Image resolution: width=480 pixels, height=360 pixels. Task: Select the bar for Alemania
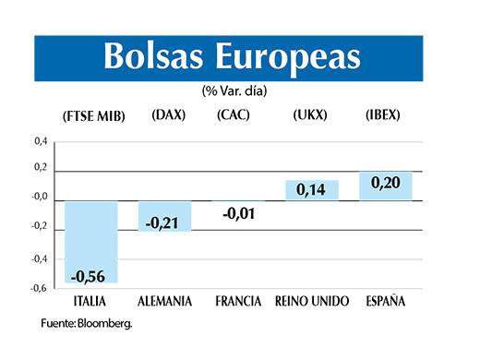click(x=163, y=215)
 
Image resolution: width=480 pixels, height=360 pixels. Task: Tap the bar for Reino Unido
click(x=312, y=190)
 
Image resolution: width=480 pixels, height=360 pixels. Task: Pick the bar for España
click(x=385, y=186)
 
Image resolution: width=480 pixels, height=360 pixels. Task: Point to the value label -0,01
click(x=238, y=214)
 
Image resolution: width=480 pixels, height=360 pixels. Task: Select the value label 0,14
click(x=312, y=191)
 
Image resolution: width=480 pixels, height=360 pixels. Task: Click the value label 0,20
click(x=385, y=184)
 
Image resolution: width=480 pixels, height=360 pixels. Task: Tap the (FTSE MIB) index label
click(x=90, y=116)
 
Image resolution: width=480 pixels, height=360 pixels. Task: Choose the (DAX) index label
click(x=169, y=115)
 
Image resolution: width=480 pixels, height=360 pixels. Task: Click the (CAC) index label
click(x=234, y=115)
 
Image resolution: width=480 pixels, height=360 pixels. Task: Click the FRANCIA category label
click(x=238, y=302)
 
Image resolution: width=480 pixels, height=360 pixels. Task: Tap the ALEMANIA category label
click(x=163, y=302)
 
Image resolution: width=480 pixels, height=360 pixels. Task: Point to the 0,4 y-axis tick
click(x=40, y=142)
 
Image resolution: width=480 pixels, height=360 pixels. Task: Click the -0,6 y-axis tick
click(x=39, y=289)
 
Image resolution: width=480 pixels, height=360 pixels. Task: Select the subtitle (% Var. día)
click(x=239, y=90)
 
